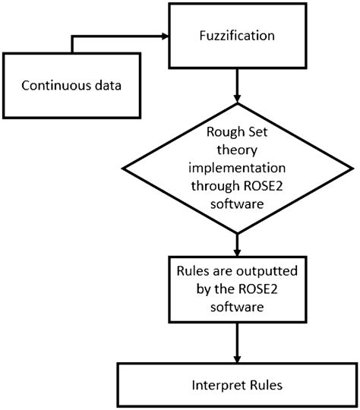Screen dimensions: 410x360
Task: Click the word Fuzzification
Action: (x=238, y=35)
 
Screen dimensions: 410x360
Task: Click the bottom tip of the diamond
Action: (x=238, y=233)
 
